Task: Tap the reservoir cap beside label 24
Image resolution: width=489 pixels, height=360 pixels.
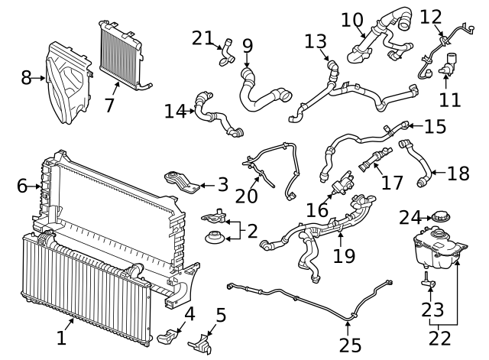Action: (x=440, y=216)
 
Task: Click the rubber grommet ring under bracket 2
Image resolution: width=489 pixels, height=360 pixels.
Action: (x=214, y=238)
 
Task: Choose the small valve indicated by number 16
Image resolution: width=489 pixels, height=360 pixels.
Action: (x=342, y=180)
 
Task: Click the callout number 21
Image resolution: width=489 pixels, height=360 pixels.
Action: (x=202, y=38)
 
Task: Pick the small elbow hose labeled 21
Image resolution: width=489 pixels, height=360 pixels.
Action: (x=228, y=53)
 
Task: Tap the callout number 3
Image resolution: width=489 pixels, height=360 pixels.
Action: (x=223, y=185)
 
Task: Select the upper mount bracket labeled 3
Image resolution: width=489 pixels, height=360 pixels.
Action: (x=182, y=182)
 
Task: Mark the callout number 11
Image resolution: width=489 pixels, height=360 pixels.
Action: (x=450, y=100)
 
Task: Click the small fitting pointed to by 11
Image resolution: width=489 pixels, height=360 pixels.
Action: (x=449, y=65)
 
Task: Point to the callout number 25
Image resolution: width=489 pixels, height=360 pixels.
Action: (x=350, y=345)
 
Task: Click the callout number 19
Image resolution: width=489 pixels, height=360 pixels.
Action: (x=345, y=256)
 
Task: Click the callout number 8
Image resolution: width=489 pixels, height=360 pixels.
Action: (x=27, y=78)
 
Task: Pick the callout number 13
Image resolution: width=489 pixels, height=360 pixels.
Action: (x=316, y=41)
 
